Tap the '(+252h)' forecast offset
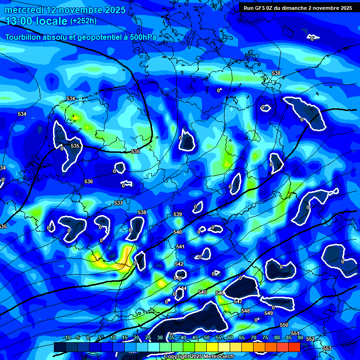point(83,21)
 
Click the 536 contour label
point(89,181)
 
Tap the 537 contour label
point(119,203)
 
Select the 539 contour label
point(178,214)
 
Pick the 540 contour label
point(178,232)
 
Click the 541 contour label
point(180,247)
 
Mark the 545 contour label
point(202,292)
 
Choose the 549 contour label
point(269,313)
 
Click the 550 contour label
point(284,325)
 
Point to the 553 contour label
point(327,348)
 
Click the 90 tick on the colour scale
point(300,337)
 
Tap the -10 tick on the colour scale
point(67,337)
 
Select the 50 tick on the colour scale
point(207,337)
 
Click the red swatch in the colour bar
point(294,347)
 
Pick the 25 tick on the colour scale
point(148,337)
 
